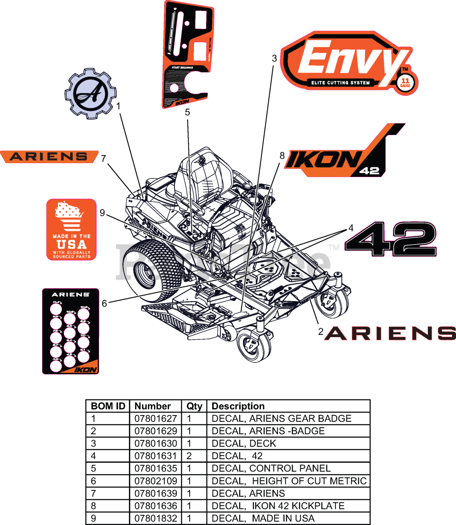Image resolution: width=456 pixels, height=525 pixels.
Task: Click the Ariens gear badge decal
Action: click(x=90, y=94)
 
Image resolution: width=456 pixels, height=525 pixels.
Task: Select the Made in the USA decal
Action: click(x=71, y=230)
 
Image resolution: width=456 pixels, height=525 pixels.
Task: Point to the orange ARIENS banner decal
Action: click(x=49, y=157)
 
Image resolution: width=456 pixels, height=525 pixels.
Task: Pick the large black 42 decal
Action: click(x=390, y=239)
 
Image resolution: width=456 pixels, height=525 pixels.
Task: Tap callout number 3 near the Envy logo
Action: click(x=274, y=58)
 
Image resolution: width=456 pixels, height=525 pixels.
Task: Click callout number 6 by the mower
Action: click(x=104, y=304)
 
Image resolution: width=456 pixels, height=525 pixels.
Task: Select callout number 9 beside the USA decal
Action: click(x=102, y=213)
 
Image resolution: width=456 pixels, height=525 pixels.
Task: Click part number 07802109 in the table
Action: click(x=156, y=481)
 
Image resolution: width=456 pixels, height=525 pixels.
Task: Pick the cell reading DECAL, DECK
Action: click(x=244, y=443)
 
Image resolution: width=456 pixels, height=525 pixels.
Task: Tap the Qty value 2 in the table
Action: click(x=189, y=456)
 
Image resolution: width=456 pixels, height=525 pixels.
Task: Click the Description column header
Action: click(x=238, y=406)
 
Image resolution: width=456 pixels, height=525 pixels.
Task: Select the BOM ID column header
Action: click(x=108, y=406)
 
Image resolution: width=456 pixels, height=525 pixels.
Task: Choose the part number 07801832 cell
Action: click(x=156, y=518)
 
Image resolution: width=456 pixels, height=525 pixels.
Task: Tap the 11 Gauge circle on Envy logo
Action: click(x=405, y=83)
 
